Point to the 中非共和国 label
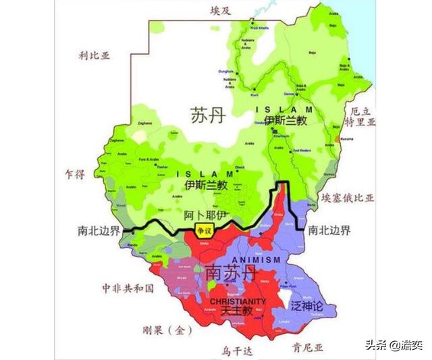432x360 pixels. (x=128, y=288)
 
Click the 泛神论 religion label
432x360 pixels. (x=308, y=305)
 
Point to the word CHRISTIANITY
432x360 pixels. (x=238, y=301)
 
